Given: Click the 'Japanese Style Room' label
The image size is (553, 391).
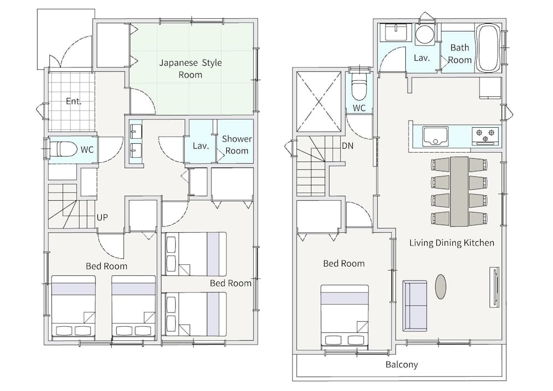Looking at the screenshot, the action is [x=190, y=69].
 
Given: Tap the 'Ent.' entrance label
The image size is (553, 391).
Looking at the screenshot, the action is [x=74, y=101].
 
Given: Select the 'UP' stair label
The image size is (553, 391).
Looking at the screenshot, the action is [x=102, y=217].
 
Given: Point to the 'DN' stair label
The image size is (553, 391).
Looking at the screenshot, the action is [x=347, y=145].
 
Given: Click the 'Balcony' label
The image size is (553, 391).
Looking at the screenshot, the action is [x=401, y=364].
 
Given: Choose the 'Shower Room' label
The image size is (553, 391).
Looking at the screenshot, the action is [x=237, y=144].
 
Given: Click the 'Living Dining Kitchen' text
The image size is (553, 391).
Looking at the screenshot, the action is [x=452, y=243].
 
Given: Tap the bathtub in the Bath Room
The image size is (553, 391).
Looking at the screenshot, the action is [x=488, y=48].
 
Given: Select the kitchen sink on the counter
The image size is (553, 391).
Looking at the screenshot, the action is [x=435, y=136].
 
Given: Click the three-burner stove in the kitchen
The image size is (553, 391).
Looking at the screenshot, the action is [x=486, y=135].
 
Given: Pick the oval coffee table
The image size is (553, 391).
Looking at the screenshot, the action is [x=441, y=286].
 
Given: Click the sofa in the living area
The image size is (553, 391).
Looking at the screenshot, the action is [x=415, y=306].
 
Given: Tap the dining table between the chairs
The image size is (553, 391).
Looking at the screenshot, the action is [x=459, y=191].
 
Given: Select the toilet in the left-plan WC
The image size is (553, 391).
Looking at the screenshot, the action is [x=64, y=149].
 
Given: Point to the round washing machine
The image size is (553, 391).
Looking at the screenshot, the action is [x=424, y=34].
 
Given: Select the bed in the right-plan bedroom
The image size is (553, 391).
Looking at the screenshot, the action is [x=345, y=316].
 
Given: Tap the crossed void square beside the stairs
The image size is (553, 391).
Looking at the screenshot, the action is [x=319, y=101].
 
